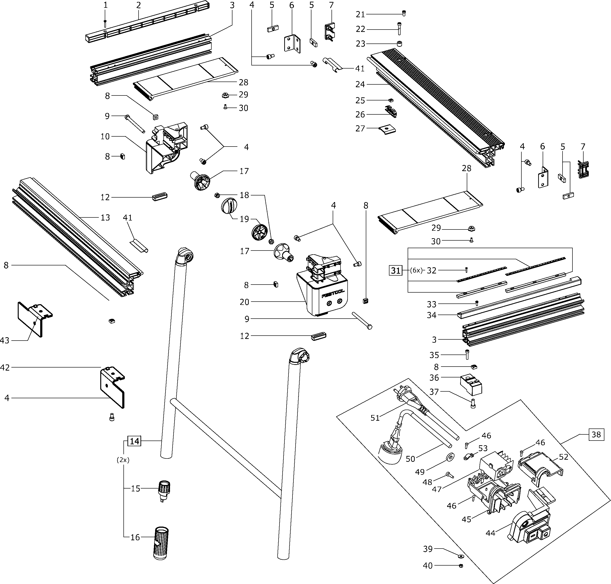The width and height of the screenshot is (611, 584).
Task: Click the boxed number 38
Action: coord(596,434)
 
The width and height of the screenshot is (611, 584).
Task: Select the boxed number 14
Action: coord(134,441)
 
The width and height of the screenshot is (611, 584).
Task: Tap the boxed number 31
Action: coord(396,271)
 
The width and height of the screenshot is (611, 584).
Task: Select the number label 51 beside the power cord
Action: coord(375,418)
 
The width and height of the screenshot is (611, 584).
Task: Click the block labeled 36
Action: coord(471,385)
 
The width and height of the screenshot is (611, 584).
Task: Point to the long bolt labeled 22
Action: coord(399,29)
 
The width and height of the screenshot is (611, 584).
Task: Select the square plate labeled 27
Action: coord(387,129)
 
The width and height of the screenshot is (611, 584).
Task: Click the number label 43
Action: coord(5,341)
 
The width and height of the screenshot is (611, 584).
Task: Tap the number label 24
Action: coord(361,84)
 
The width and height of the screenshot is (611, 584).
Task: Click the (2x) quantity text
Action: coord(123,460)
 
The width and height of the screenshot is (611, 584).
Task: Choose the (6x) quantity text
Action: coord(416,271)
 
